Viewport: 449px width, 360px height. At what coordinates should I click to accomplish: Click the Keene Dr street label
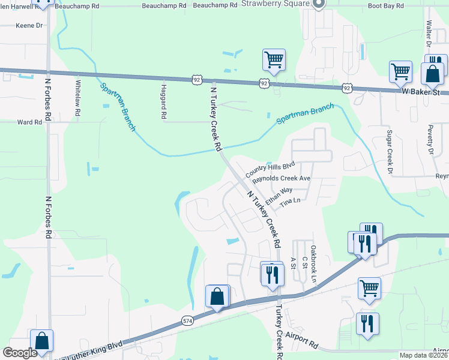[30, 26]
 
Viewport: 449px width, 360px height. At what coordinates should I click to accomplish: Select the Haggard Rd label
[163, 101]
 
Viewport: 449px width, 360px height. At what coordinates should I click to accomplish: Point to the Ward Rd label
[29, 122]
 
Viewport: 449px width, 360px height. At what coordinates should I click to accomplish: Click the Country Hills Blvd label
[270, 166]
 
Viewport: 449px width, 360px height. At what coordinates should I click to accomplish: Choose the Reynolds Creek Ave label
[281, 179]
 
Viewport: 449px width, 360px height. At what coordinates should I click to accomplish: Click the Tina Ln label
[289, 203]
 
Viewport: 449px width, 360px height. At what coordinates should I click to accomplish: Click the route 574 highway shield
[187, 322]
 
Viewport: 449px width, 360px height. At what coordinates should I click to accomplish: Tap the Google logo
[20, 353]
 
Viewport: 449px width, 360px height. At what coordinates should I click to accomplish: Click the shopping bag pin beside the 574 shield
[217, 297]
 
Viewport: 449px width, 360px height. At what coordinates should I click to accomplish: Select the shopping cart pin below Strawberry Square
[273, 60]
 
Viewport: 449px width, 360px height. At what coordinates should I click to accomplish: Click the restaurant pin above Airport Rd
[367, 323]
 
